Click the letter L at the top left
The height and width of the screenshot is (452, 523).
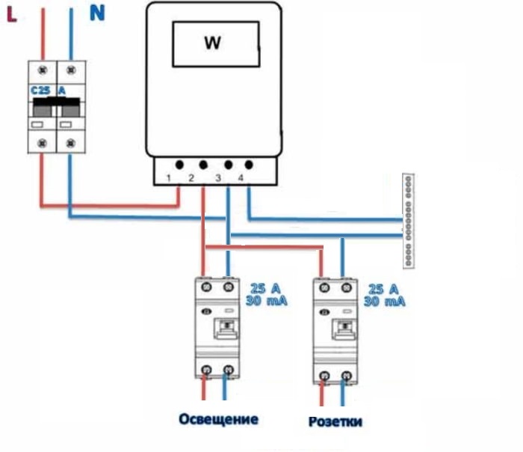coord(12,14)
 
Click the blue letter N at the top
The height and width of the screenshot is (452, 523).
coord(97,13)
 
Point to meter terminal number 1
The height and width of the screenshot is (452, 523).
coord(170,177)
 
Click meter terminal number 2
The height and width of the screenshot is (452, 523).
coord(192,177)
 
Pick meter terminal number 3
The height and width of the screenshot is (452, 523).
coord(218,177)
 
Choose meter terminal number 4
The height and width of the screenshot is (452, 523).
coord(241,177)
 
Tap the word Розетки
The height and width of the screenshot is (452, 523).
coord(335,421)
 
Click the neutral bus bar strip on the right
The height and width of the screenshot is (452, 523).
coord(408,220)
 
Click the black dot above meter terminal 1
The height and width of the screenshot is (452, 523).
coord(180,164)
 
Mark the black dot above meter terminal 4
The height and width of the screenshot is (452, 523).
coord(248,164)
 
